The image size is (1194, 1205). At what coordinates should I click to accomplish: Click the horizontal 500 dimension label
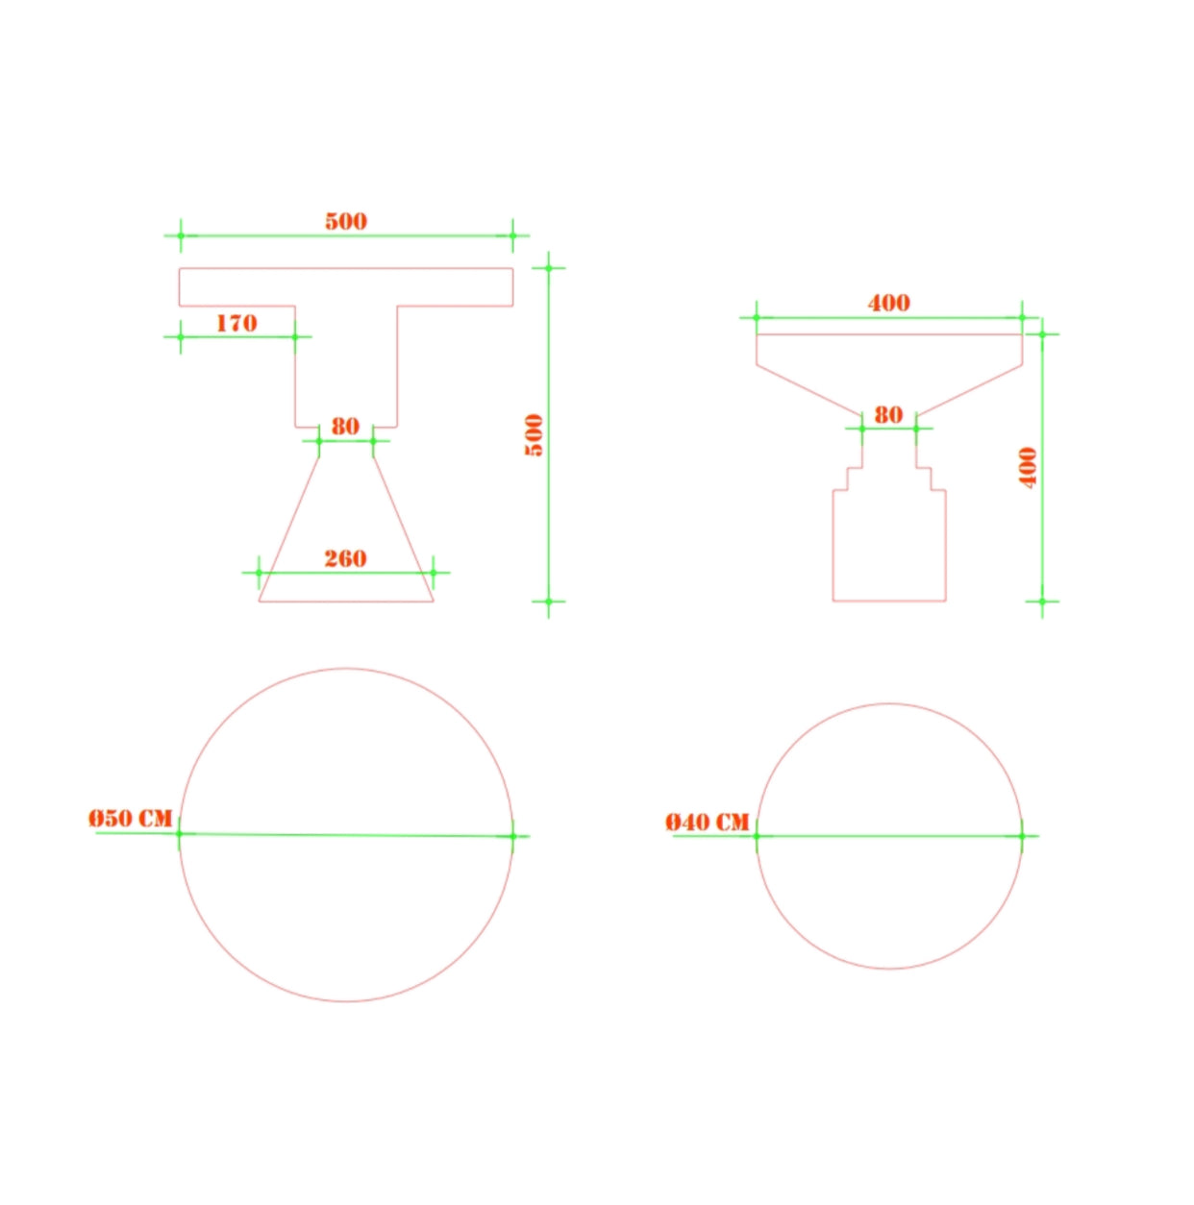(346, 221)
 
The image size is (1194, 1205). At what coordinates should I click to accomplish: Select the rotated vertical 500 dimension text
(534, 435)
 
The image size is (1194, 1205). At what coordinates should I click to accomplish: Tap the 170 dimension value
(236, 323)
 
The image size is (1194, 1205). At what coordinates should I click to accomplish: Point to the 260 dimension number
(345, 558)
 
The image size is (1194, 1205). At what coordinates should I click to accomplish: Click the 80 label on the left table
(345, 426)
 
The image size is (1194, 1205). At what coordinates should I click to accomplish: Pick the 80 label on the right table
(888, 414)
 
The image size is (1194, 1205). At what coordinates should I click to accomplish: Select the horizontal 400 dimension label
(888, 303)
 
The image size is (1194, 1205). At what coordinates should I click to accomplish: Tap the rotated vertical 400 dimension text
(1028, 468)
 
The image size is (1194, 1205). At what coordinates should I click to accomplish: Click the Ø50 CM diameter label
(131, 818)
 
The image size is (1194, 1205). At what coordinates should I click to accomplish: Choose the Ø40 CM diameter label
(708, 822)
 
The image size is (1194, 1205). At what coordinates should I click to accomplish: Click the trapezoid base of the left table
(346, 538)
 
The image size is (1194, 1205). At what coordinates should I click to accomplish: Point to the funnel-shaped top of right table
(889, 370)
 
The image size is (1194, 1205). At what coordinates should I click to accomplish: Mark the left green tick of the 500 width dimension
(180, 235)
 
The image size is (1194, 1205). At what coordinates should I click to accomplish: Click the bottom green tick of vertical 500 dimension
(549, 602)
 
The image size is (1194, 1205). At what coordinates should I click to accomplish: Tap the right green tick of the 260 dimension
(433, 573)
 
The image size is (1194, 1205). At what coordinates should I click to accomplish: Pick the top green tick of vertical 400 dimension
(1042, 334)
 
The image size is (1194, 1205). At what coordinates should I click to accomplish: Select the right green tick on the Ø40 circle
(1022, 836)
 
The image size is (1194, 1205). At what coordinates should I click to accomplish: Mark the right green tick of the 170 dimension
(295, 336)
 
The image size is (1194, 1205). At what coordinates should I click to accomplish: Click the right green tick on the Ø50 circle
(512, 836)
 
